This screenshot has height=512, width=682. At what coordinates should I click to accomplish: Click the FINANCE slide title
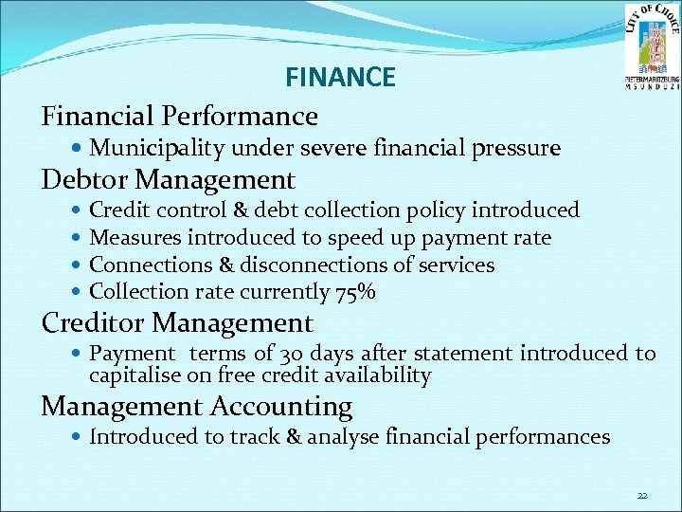[x=340, y=78]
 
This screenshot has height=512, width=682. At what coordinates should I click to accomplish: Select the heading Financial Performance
[x=180, y=117]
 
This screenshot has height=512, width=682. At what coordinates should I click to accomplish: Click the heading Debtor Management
[x=169, y=179]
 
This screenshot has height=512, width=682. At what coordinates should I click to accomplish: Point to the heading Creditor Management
[x=177, y=323]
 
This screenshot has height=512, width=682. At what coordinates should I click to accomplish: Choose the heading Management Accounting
[x=197, y=407]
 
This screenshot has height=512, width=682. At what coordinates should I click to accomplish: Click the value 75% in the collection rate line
[x=355, y=293]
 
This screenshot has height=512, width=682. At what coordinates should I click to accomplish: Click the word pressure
[x=521, y=149]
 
